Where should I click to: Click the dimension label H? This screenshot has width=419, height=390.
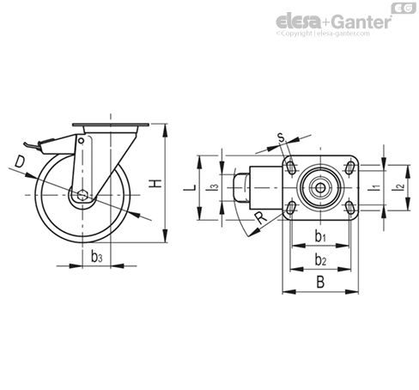click(x=155, y=184)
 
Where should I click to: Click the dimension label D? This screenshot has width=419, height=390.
click(x=20, y=161)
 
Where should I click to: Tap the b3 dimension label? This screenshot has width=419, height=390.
click(x=96, y=256)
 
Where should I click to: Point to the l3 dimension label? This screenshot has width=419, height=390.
click(x=214, y=187)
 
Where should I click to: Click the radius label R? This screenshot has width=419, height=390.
click(x=261, y=218)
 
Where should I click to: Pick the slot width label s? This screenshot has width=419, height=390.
click(x=282, y=137)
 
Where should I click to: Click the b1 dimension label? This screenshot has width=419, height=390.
click(x=320, y=236)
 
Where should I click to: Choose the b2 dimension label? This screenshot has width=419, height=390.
click(x=320, y=260)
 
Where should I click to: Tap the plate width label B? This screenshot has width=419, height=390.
click(x=320, y=282)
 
